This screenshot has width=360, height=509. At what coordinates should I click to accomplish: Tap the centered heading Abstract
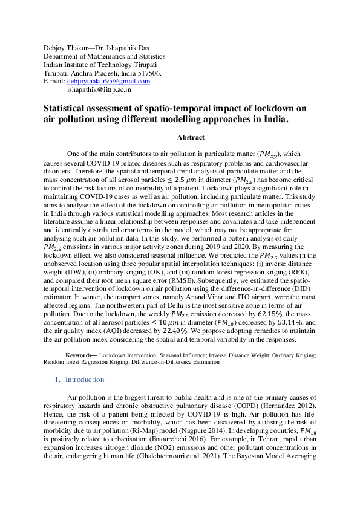(191, 137)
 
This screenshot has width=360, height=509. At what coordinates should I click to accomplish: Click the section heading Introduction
(85, 380)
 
